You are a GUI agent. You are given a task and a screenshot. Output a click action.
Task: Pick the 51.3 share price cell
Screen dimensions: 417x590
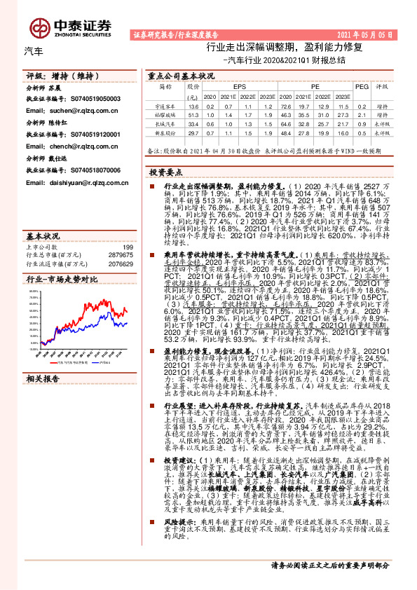point(194,114)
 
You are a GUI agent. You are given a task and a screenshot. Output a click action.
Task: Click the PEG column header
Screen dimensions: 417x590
point(361,87)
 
